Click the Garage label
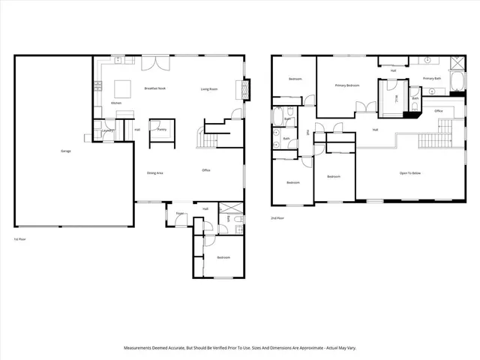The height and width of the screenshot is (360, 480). [x=66, y=151]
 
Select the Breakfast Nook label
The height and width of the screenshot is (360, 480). [x=155, y=88]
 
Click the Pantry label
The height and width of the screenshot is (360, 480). [x=162, y=130]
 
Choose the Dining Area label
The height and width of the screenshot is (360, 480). [x=155, y=172]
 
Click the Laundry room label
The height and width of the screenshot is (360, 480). [x=107, y=130]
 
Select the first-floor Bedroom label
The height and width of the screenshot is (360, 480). [x=223, y=257]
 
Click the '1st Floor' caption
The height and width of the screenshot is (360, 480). [x=20, y=238]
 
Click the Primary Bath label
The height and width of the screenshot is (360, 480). [x=433, y=78]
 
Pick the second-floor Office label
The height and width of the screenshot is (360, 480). [x=439, y=111]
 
